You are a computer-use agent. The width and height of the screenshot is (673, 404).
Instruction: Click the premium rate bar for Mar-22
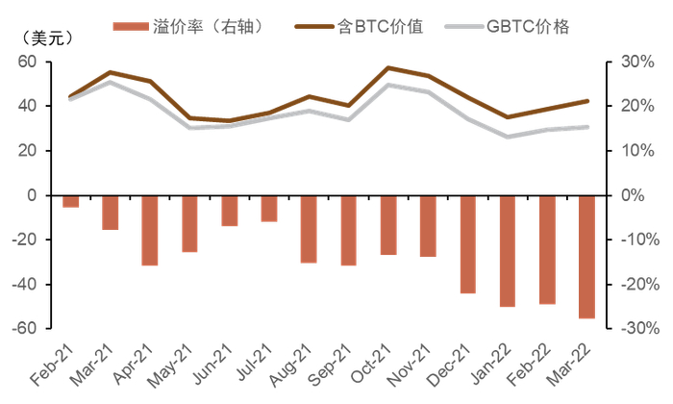[x=586, y=257]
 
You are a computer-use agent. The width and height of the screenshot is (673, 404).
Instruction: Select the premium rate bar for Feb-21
[x=71, y=201]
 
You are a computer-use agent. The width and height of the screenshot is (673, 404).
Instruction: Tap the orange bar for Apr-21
[x=150, y=230]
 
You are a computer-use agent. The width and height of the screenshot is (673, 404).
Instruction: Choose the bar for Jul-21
[x=269, y=209]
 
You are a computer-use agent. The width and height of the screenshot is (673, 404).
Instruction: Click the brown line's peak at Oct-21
[x=387, y=67]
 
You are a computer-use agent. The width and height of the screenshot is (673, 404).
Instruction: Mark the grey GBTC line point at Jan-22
[x=507, y=137]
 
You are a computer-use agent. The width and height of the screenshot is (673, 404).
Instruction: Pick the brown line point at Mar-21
[x=111, y=72]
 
